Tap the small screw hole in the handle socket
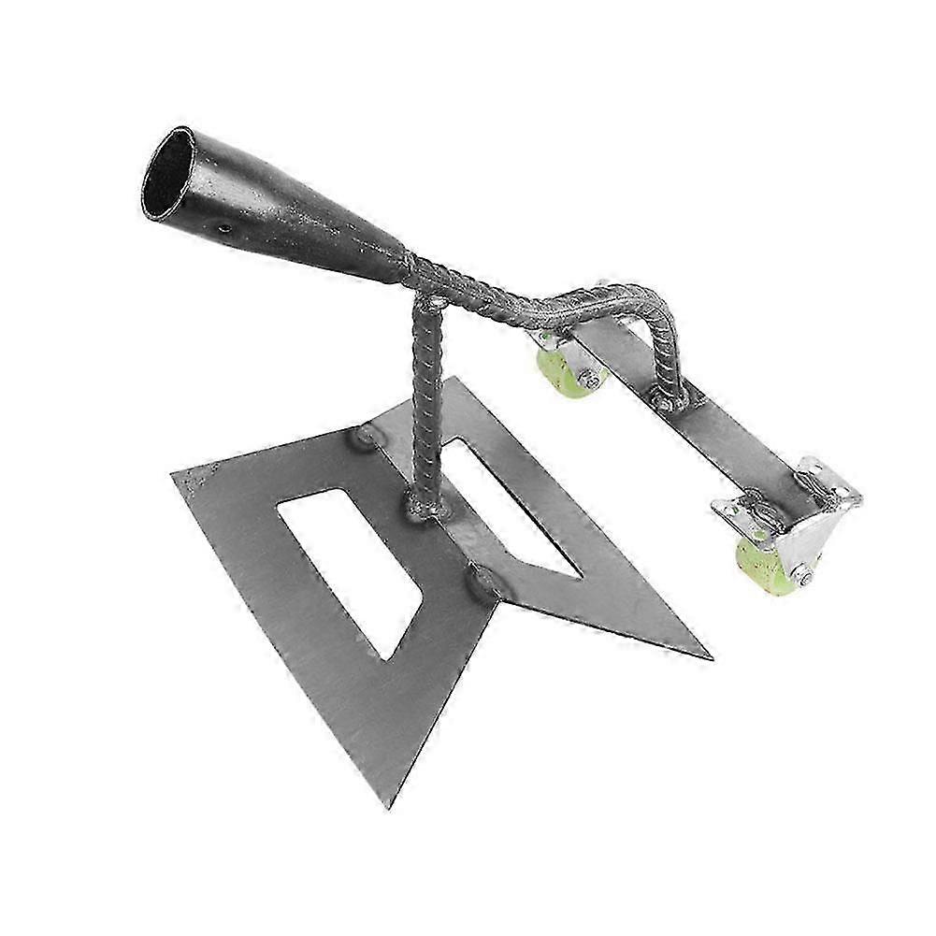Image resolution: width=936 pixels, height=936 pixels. click(223, 227)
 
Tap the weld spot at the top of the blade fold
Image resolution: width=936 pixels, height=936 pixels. click(365, 436)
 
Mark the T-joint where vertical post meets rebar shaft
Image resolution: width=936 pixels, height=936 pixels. click(433, 301)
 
